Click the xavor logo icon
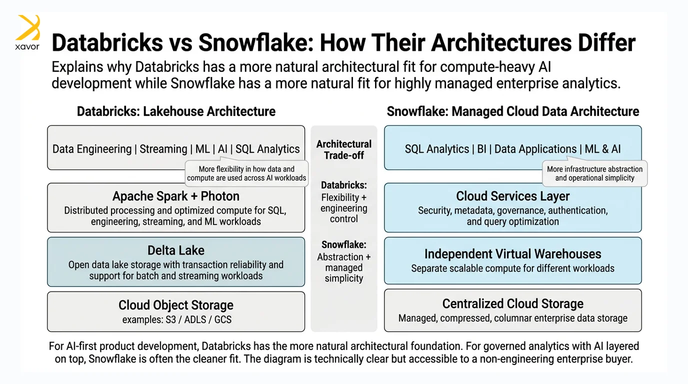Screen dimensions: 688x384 pos(27,27)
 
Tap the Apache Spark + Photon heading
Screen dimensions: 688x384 pos(176,196)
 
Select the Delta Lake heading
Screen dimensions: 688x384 pos(176,250)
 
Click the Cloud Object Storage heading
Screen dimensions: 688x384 pos(176,305)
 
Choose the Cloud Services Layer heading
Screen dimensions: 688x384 pos(513,196)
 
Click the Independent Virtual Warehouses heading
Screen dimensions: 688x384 pos(513,254)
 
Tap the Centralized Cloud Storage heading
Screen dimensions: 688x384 pos(513,304)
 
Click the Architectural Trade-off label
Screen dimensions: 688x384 pos(344,149)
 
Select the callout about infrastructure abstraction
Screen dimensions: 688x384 pos(595,173)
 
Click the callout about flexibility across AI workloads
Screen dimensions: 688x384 pos(246,173)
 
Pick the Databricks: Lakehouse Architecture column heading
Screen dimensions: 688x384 pos(176,111)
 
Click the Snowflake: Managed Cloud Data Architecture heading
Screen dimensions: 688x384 pos(513,111)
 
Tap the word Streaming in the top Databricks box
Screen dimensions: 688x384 pos(163,149)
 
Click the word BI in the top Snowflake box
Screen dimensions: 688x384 pos(481,149)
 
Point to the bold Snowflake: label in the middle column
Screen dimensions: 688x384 pos(344,245)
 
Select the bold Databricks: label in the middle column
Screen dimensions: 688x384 pos(344,185)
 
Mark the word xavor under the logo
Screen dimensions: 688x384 pos(27,47)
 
